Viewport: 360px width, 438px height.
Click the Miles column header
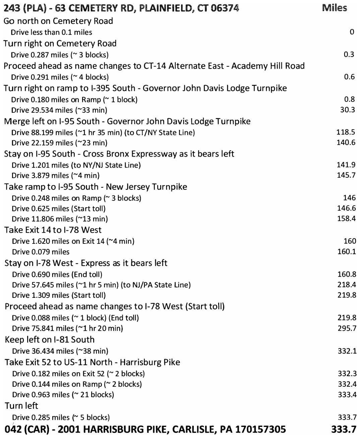(334, 8)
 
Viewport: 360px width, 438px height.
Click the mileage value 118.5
(346, 132)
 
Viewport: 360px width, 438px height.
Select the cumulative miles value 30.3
(347, 110)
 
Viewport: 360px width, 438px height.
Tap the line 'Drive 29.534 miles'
(59, 110)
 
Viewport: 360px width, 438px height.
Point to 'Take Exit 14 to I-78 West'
(53, 230)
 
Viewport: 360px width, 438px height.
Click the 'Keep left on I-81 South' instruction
(50, 340)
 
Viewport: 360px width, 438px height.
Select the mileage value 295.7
(347, 328)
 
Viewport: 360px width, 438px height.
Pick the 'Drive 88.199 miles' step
(103, 132)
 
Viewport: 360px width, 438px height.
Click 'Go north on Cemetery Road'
(58, 21)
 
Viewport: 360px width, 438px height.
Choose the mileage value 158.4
(347, 219)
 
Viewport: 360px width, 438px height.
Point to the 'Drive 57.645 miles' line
(101, 285)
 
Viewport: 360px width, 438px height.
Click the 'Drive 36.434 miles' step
(60, 351)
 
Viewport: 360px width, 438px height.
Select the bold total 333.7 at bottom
(344, 430)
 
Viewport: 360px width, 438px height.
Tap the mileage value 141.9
(346, 165)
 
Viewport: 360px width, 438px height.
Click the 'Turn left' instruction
(21, 406)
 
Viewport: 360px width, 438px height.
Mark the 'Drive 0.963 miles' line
(63, 395)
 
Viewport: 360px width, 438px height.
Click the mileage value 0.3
(349, 54)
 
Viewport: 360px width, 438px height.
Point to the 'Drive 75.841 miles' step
(67, 328)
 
